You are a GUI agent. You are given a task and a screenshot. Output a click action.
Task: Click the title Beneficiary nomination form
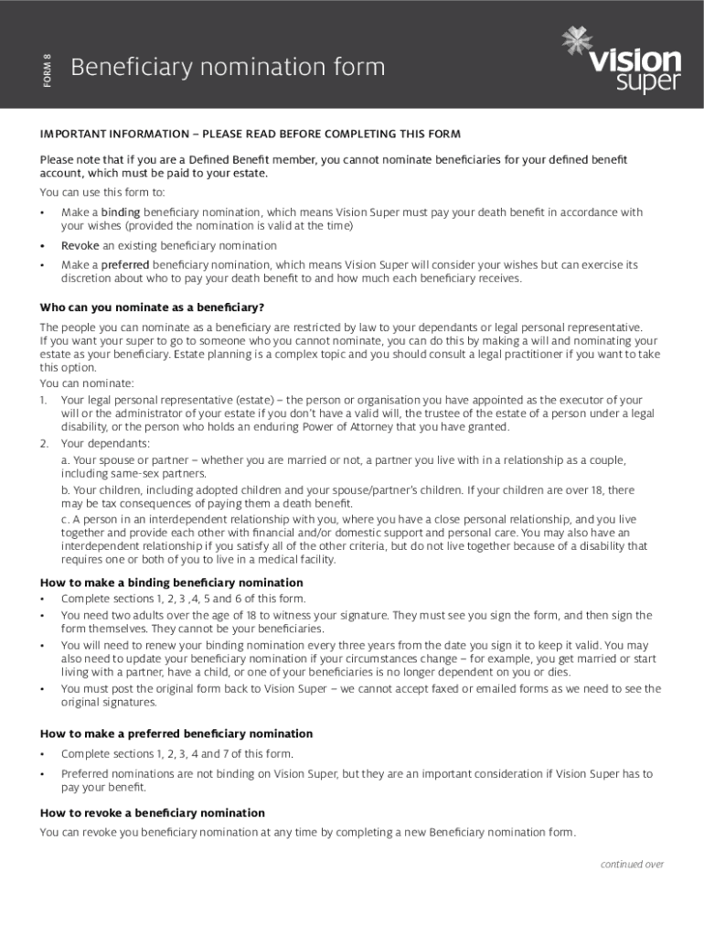tap(228, 68)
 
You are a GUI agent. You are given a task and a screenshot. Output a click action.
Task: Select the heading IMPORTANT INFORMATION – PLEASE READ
tap(250, 135)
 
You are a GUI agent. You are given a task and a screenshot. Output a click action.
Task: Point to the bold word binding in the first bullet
tap(120, 212)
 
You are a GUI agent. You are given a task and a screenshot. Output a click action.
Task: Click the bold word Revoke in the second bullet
tap(80, 245)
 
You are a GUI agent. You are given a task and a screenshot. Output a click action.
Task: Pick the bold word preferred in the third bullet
tap(124, 264)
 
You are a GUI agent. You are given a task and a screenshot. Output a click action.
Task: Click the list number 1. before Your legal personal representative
tap(44, 400)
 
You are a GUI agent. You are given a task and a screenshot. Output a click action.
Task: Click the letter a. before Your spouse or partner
tap(66, 460)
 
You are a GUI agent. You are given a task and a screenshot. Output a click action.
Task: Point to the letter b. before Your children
tap(66, 490)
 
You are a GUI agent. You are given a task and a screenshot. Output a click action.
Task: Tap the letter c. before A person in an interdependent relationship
tap(66, 520)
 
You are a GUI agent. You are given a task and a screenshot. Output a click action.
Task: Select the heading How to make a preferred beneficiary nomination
tap(176, 734)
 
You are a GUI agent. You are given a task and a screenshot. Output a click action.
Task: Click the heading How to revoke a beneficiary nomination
tap(153, 813)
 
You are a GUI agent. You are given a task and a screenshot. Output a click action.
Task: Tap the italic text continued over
tap(632, 865)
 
